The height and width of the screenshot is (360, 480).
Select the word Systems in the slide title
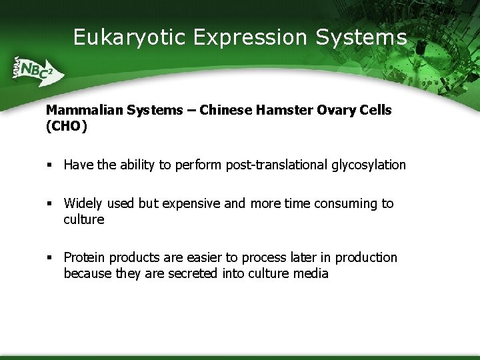(x=361, y=37)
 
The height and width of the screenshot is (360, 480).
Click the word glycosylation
(x=369, y=165)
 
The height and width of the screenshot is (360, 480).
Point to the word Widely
(x=83, y=203)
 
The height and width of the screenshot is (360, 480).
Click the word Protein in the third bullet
(x=85, y=257)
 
